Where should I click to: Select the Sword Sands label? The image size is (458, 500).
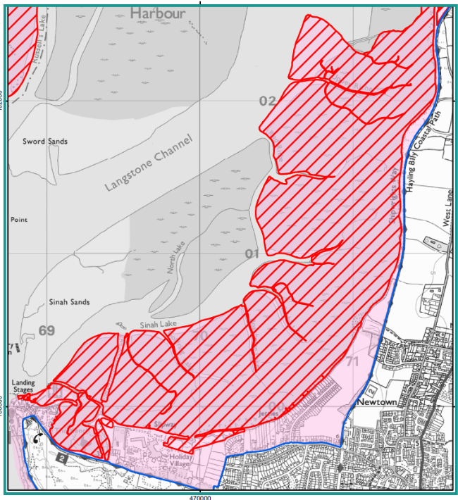click(45, 142)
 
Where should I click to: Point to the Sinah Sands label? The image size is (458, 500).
click(70, 302)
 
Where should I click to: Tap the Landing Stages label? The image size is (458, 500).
click(23, 387)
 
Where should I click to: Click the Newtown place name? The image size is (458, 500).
click(378, 402)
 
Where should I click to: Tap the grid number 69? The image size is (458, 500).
click(47, 331)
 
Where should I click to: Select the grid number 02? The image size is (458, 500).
click(267, 101)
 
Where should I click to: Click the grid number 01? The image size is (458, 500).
click(252, 254)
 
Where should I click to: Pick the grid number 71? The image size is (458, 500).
click(354, 362)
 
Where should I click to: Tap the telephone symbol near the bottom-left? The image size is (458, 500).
click(37, 438)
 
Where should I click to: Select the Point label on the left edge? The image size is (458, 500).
click(18, 220)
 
